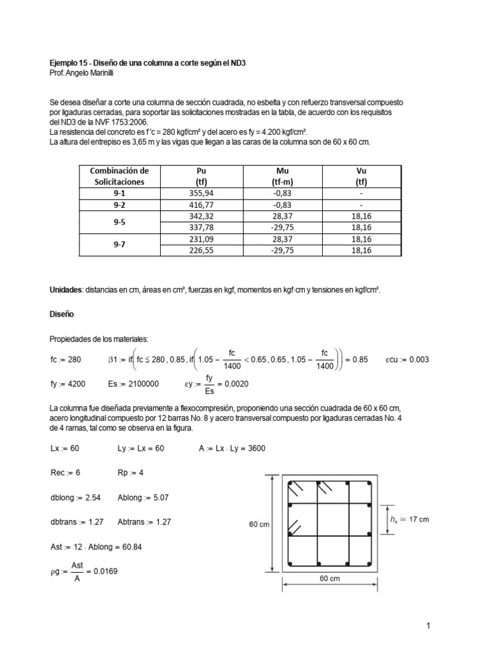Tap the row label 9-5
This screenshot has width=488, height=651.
tap(119, 222)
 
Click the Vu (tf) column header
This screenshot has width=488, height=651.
tap(362, 175)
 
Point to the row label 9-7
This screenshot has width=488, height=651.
tap(119, 245)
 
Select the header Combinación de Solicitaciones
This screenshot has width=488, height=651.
tap(119, 175)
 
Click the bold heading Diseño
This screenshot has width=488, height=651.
tap(62, 313)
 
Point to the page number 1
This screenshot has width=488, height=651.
tap(429, 626)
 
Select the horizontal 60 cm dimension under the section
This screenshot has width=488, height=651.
tap(329, 579)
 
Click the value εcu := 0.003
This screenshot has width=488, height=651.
tap(408, 359)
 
